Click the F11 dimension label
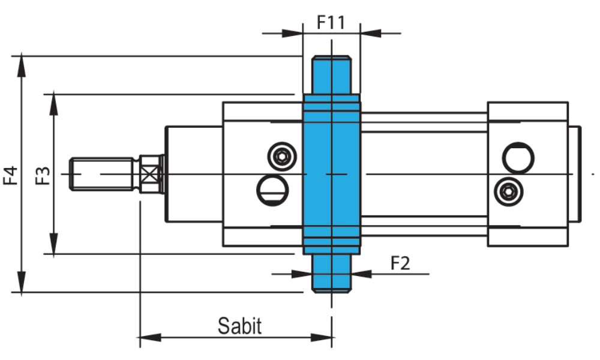331,23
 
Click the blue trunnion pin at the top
331,75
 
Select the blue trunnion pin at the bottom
331,273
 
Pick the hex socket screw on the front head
281,157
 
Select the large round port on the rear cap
518,158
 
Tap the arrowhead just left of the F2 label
361,274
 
